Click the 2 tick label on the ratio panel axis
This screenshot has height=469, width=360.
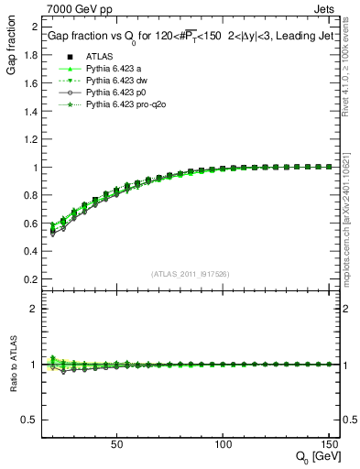(36, 309)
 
